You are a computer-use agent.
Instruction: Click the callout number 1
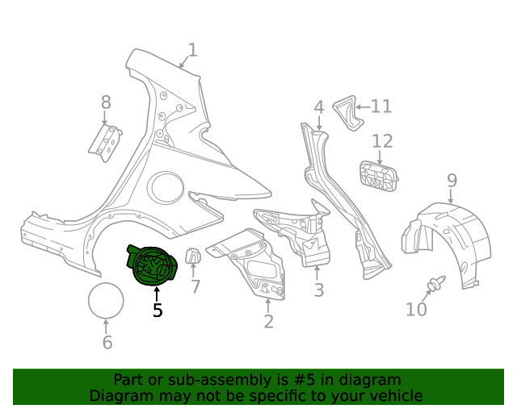pos(191,52)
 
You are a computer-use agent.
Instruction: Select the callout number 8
pos(106,102)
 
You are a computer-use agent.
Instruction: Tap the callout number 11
pos(380,106)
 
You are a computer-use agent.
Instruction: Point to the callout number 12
pos(382,141)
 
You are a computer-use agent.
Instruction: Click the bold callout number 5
pos(158,310)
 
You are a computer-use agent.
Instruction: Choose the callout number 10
pos(416,309)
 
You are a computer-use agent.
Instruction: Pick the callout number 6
pos(107,342)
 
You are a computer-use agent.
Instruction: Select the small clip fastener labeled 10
pos(436,284)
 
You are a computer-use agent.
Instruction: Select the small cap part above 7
pos(194,257)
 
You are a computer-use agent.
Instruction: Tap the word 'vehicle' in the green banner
pos(394,396)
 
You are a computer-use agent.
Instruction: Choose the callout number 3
pos(318,290)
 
